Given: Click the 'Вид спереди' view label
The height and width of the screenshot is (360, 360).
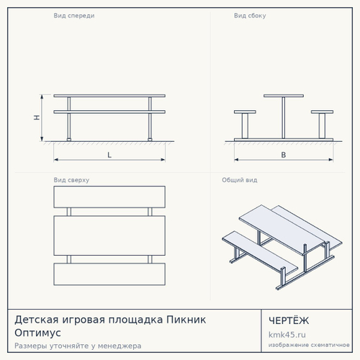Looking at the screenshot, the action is (x=74, y=16).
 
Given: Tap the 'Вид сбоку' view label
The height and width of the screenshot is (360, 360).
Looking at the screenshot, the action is (x=250, y=16).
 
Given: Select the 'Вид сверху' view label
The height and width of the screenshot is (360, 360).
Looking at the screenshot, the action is (x=71, y=180).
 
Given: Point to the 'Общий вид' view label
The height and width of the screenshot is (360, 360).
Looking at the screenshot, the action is (x=240, y=180).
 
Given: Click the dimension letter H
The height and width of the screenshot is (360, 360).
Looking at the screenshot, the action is (x=37, y=117).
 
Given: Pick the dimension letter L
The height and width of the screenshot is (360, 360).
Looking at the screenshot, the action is (x=109, y=155).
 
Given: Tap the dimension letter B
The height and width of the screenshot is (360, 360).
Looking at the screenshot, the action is (x=284, y=155).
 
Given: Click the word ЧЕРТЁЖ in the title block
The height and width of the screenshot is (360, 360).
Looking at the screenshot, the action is (x=289, y=320).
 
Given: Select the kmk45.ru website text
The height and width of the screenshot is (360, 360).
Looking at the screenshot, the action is (x=287, y=335).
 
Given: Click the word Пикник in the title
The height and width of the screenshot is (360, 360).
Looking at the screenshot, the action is (x=186, y=320).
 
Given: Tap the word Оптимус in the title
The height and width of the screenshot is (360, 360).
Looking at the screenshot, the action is (x=37, y=333).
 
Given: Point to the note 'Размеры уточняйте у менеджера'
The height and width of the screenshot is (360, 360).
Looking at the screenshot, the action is (x=78, y=346).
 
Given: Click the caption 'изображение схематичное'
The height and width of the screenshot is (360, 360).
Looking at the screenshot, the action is (x=309, y=345).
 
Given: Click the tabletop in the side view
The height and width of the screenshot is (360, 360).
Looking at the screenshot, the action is (x=284, y=96).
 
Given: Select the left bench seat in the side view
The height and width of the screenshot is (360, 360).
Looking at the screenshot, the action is (x=245, y=112).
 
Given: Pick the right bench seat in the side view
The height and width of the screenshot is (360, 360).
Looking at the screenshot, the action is (x=322, y=112).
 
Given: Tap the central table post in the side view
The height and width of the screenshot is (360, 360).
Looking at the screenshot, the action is (x=284, y=117).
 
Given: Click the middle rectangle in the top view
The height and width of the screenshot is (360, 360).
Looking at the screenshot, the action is (x=109, y=235).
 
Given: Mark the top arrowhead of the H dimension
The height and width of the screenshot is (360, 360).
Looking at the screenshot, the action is (x=42, y=96).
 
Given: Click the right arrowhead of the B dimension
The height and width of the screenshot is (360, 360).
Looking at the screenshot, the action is (x=331, y=160).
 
